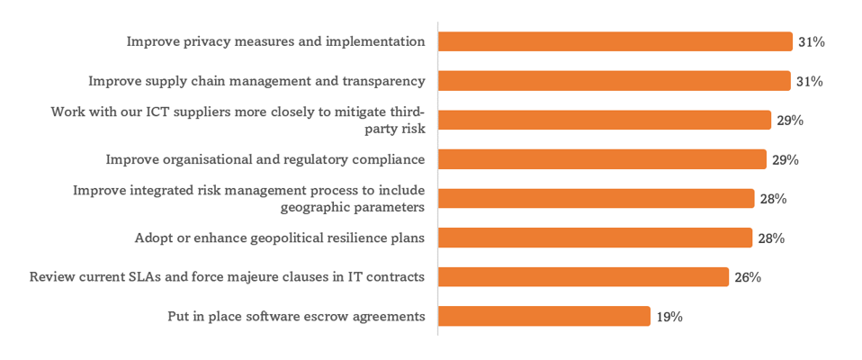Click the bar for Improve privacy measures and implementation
[615, 41]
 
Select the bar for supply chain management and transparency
[614, 81]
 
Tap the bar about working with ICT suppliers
[605, 120]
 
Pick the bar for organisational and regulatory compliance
[605, 159]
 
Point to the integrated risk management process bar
[596, 198]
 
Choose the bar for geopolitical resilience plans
[595, 238]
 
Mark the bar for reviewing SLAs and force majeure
[583, 276]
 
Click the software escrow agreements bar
[543, 316]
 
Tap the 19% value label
[669, 317]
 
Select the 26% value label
[747, 277]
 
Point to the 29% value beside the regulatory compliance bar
[786, 160]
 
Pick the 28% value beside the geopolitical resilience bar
[771, 238]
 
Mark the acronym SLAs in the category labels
[158, 276]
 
